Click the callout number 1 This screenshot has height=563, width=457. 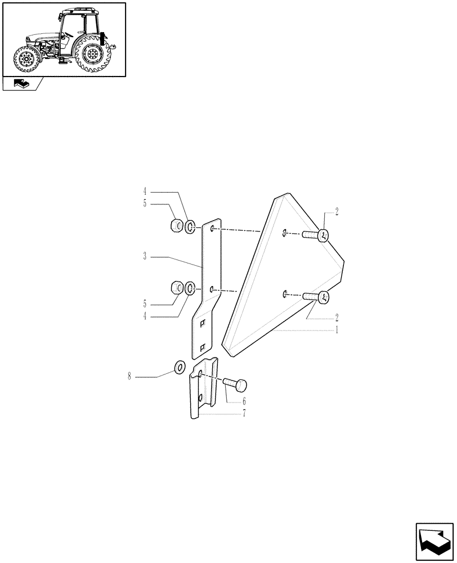[x=337, y=330]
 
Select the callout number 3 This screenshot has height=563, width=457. [x=145, y=257]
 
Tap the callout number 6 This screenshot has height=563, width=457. [x=244, y=402]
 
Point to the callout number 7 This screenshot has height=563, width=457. [x=244, y=414]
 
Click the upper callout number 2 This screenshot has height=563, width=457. [x=337, y=212]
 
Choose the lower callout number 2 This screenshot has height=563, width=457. [x=337, y=317]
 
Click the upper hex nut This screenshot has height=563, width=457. [x=176, y=226]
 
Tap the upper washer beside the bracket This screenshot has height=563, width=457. [x=191, y=227]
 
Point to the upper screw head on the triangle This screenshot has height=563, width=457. [x=324, y=236]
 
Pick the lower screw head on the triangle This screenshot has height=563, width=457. [x=324, y=298]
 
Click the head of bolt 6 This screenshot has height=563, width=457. [x=240, y=386]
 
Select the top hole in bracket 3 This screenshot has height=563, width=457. [x=212, y=229]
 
